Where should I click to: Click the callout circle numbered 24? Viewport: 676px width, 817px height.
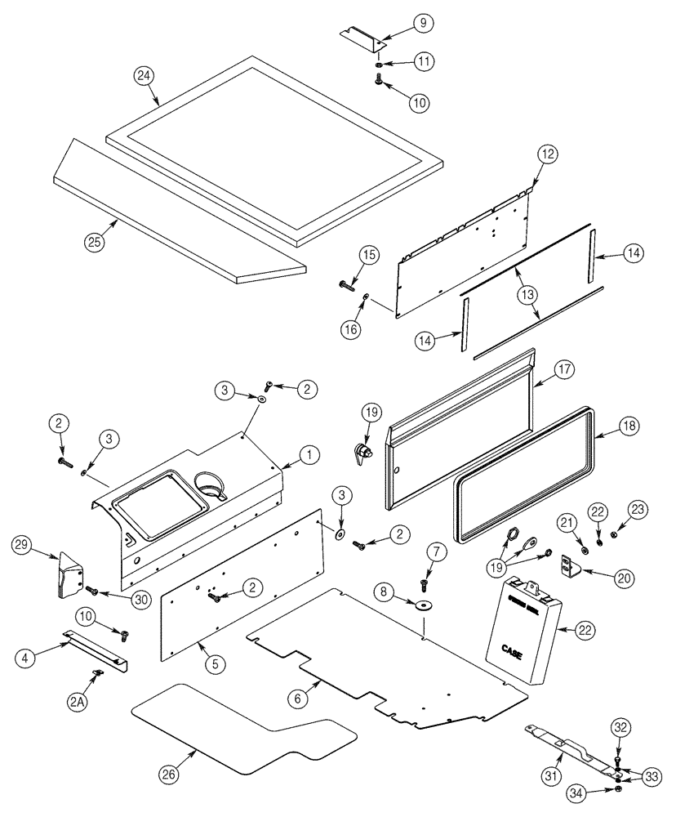tap(145, 76)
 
